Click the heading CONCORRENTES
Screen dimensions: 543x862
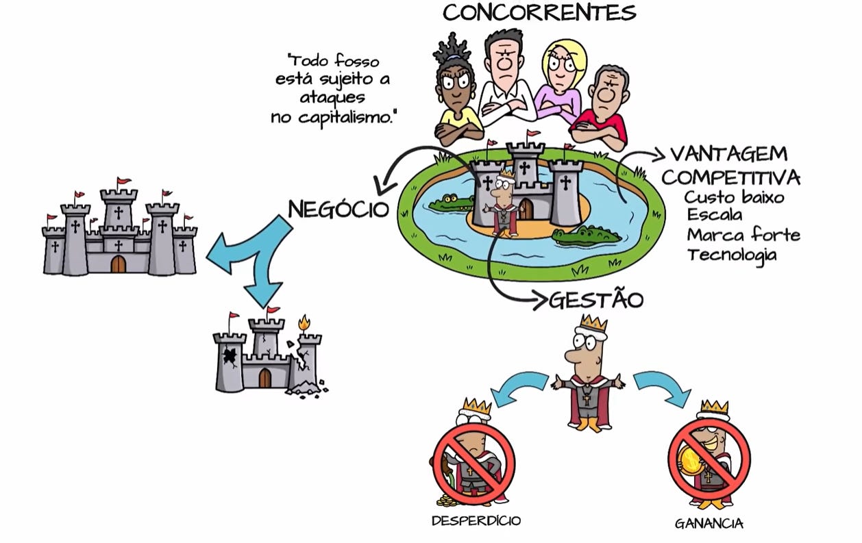click(539, 12)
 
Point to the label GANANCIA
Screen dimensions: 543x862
click(709, 524)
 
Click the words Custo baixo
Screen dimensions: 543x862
click(734, 197)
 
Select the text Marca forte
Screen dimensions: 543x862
click(743, 235)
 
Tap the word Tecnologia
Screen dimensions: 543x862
click(732, 255)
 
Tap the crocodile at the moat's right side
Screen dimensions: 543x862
click(586, 236)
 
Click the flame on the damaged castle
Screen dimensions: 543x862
click(304, 323)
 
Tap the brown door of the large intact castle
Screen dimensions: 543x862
click(118, 264)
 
